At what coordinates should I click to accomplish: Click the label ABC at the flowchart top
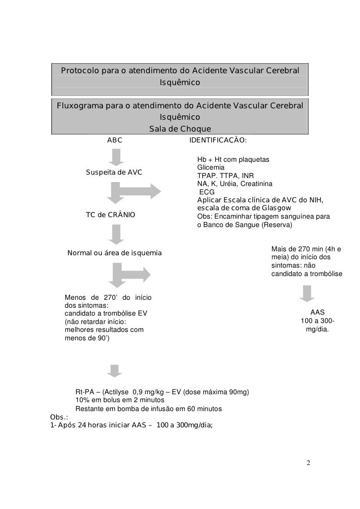[115, 140]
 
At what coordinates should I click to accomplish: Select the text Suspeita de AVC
[114, 172]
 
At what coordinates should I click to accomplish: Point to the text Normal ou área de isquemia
[114, 253]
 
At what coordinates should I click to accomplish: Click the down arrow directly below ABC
[115, 157]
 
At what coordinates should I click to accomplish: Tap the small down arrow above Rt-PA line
[115, 370]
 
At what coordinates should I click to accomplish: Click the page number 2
[308, 463]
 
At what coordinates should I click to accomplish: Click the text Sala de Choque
[180, 130]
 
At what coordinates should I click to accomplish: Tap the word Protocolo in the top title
[80, 71]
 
